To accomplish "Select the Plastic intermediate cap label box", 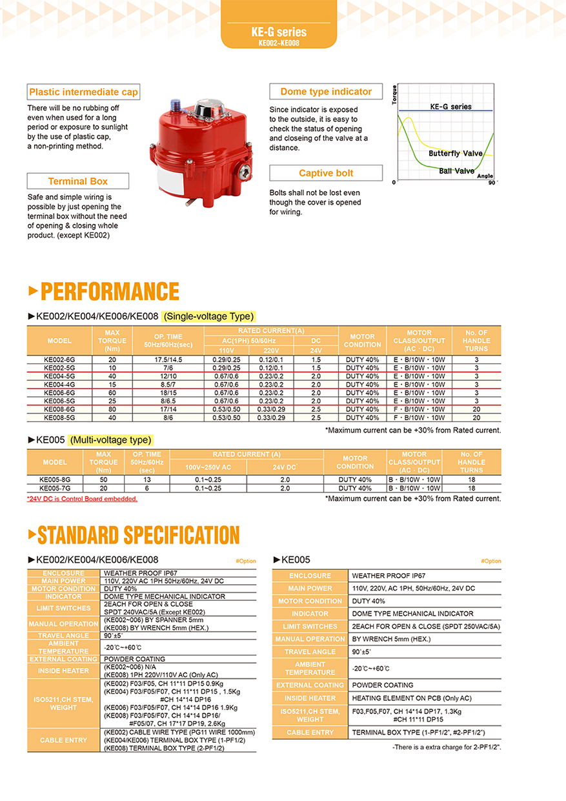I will tap(83, 92).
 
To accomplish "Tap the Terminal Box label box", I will tap(77, 181).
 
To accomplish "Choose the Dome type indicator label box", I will tap(325, 92).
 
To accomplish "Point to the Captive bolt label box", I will tap(325, 173).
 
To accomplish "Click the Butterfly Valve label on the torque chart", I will tap(455, 154).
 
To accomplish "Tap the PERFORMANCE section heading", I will tap(109, 291).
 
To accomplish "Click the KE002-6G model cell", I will tap(59, 359).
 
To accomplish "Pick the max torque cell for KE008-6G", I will tap(112, 409).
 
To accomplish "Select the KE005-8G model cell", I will tap(55, 480).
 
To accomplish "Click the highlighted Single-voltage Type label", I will tap(208, 316).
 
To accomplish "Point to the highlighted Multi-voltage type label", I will tap(111, 440).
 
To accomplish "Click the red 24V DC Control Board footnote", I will tap(82, 499).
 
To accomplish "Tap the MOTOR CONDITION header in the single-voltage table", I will tap(362, 340).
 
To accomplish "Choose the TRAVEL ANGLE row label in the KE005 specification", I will tap(310, 652).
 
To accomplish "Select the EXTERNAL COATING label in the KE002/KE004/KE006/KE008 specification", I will tap(64, 659).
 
